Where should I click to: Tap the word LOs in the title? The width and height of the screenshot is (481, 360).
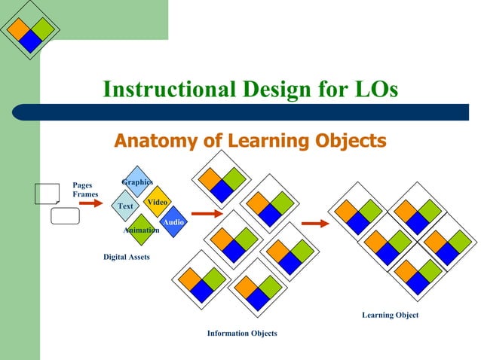(x=371, y=90)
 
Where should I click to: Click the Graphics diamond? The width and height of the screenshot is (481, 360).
(x=136, y=182)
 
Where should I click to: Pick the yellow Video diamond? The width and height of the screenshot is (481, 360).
(x=158, y=202)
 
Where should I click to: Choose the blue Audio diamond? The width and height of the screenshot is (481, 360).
(x=173, y=222)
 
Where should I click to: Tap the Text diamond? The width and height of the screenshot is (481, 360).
(x=125, y=206)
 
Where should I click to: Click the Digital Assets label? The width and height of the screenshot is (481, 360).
(x=126, y=258)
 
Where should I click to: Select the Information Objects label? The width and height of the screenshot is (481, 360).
(x=242, y=333)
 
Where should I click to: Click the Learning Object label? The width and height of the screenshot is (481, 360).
(x=390, y=315)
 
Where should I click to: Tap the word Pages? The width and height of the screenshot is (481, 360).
(x=81, y=185)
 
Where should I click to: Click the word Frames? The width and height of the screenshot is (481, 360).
(x=85, y=194)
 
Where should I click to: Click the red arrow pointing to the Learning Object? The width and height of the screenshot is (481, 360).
(x=315, y=223)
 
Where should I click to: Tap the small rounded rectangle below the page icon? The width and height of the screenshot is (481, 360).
(x=65, y=216)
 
